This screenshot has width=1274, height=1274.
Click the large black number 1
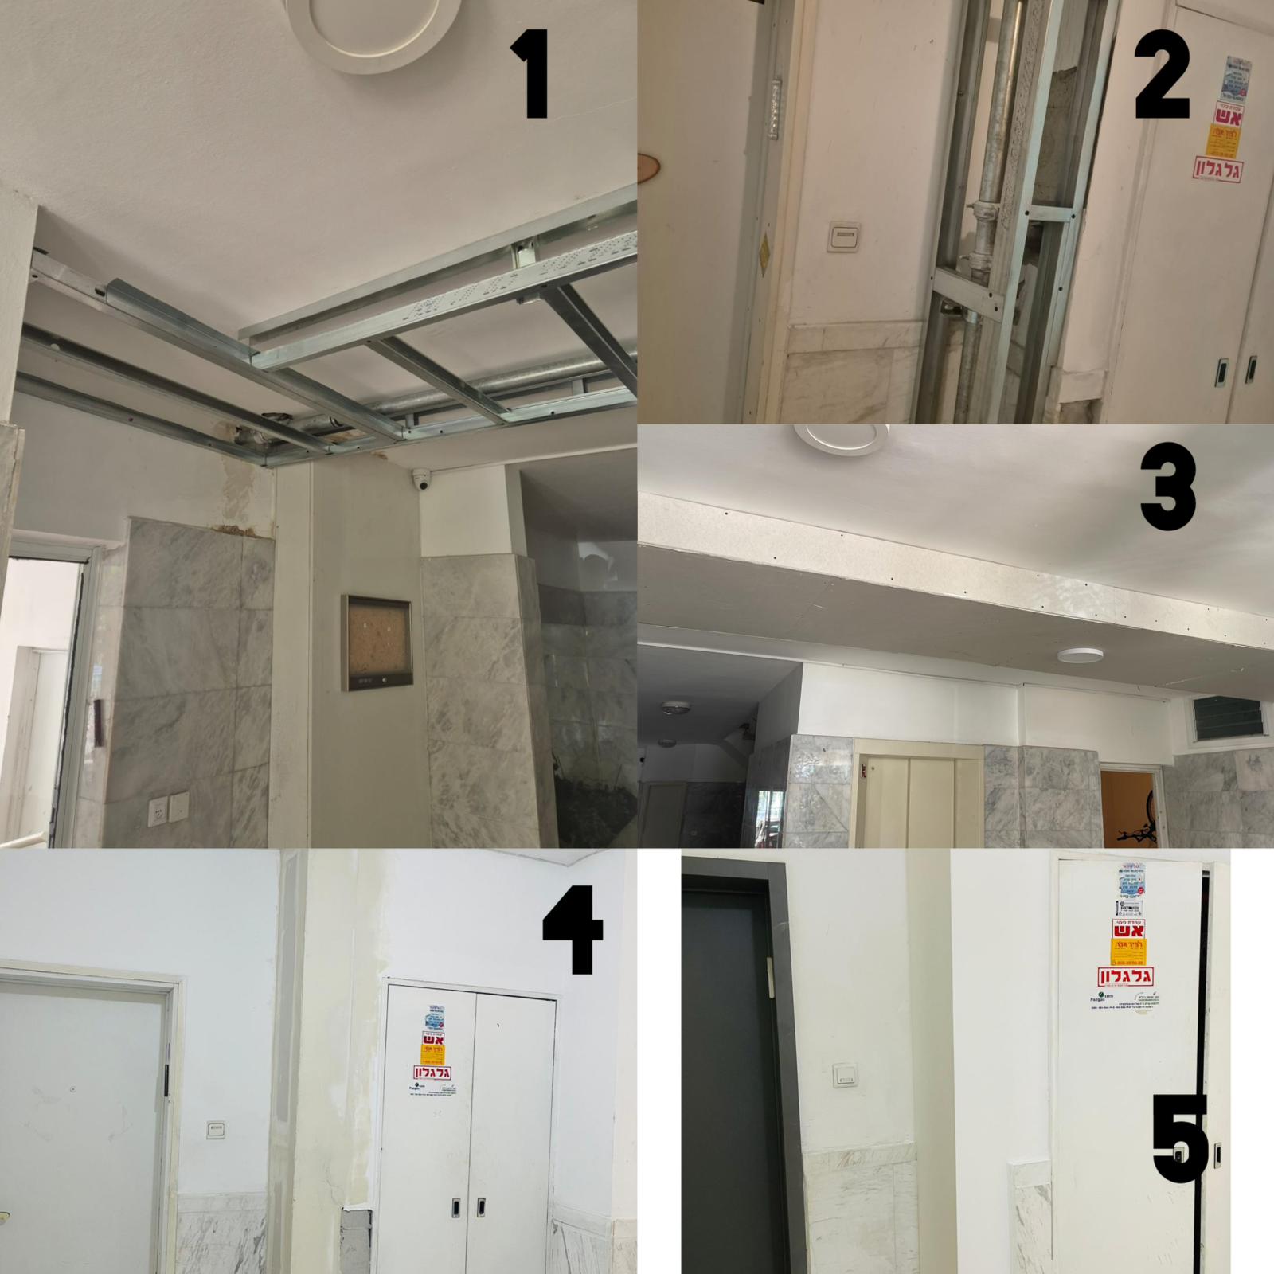click(529, 73)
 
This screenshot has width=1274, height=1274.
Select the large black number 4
click(573, 933)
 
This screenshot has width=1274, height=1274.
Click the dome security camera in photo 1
click(422, 479)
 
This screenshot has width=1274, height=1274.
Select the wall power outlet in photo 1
click(168, 809)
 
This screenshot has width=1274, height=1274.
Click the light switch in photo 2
click(842, 235)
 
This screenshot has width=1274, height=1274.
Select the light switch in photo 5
click(844, 1075)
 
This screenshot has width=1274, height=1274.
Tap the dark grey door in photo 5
click(725, 1067)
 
